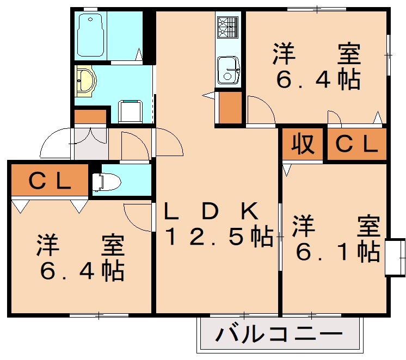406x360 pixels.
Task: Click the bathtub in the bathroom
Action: [x=91, y=35]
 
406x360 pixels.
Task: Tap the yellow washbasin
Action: [x=85, y=80]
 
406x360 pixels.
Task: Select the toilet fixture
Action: [x=107, y=182]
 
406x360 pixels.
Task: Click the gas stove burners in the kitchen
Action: [x=227, y=27]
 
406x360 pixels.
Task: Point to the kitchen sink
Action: [x=228, y=70]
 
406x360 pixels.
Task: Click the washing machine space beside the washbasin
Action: [x=131, y=111]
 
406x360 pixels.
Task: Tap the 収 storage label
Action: [x=303, y=144]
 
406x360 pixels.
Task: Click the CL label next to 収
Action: [x=356, y=144]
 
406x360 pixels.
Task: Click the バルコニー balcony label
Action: [x=279, y=334]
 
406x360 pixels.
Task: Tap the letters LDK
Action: [x=211, y=210]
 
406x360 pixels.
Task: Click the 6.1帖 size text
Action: [x=338, y=252]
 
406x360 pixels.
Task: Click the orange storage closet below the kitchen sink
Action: [x=230, y=107]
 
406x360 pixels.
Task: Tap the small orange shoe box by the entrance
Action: [x=90, y=117]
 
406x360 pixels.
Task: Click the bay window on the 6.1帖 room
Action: [x=395, y=257]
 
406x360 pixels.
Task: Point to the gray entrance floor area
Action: [x=91, y=144]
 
